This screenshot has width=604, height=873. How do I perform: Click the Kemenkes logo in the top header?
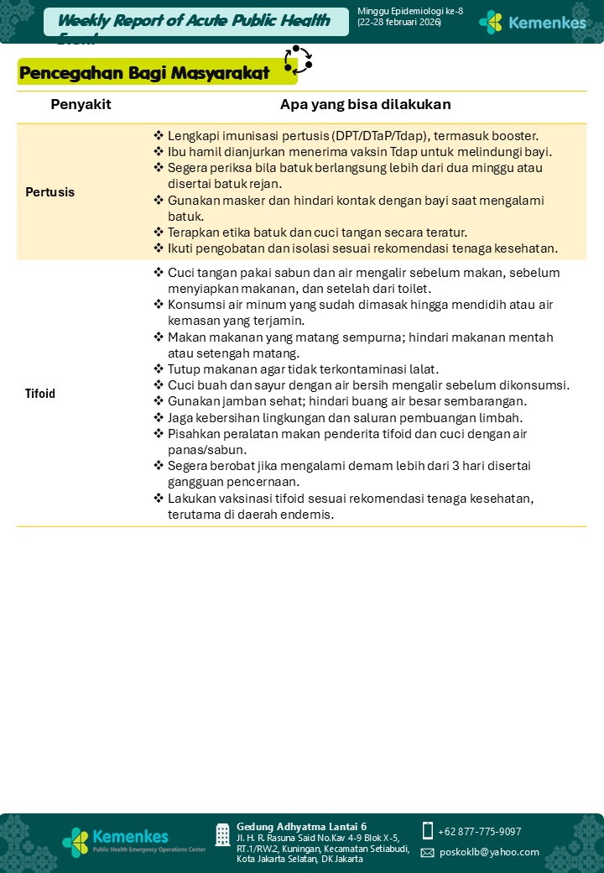[x=532, y=22]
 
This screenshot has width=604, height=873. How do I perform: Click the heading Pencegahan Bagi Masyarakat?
[x=144, y=73]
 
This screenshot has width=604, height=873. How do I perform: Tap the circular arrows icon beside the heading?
[x=298, y=60]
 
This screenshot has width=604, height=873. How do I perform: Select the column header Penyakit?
[x=81, y=105]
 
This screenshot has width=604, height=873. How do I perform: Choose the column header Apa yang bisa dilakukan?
[x=365, y=105]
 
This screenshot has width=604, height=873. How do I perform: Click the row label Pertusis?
[x=49, y=192]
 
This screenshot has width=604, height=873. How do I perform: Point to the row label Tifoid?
[x=40, y=394]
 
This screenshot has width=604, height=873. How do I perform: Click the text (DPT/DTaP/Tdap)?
[x=379, y=135]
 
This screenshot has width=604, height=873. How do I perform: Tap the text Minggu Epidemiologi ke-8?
[x=409, y=11]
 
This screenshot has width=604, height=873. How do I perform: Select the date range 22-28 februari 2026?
[x=399, y=22]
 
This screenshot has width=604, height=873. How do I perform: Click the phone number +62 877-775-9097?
[x=479, y=832]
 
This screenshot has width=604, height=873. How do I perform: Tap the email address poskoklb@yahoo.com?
[x=489, y=852]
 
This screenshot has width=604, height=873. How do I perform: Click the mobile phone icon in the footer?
[x=428, y=831]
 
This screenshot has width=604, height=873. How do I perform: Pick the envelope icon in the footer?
[x=428, y=853]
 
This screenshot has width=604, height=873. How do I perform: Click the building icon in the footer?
[x=222, y=834]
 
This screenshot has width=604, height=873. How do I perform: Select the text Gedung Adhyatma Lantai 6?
[x=301, y=827]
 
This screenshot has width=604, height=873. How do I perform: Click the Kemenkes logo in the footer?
[x=117, y=839]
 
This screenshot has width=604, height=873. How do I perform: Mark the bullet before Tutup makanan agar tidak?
[x=159, y=369]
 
